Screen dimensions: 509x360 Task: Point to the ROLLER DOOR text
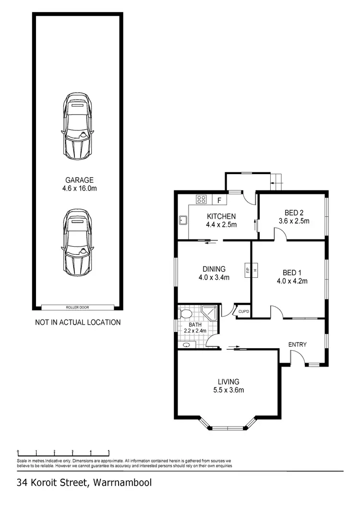[x=77, y=308]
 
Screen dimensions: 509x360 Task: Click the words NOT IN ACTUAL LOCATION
[x=78, y=322]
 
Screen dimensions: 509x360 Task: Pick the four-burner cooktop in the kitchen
[x=201, y=199]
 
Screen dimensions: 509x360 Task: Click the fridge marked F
[x=219, y=200]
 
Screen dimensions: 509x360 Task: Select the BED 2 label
[x=294, y=213]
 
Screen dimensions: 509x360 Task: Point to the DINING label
[x=214, y=269]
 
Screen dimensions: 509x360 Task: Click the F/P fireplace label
[x=248, y=270]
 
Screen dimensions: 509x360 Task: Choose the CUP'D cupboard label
[x=244, y=312]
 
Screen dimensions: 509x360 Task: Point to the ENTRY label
[x=297, y=344]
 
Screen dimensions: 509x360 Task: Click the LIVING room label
[x=228, y=381]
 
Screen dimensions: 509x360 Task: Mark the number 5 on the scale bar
[x=109, y=451]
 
